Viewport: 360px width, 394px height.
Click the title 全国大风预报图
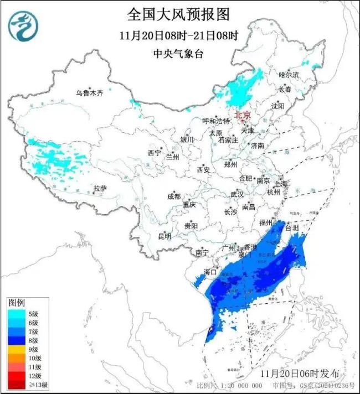coord(178,14)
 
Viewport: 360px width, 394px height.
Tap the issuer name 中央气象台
coord(178,54)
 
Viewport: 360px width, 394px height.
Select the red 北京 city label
coord(243,115)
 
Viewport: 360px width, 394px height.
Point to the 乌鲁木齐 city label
coord(90,93)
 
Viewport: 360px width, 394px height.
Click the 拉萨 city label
coord(100,189)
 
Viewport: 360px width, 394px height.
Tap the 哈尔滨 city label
coord(289,74)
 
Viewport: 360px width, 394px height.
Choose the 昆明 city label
coord(164,236)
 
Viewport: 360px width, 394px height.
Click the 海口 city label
coord(209,272)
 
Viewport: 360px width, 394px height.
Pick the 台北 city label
coord(292,227)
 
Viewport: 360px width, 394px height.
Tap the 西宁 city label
coord(154,153)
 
